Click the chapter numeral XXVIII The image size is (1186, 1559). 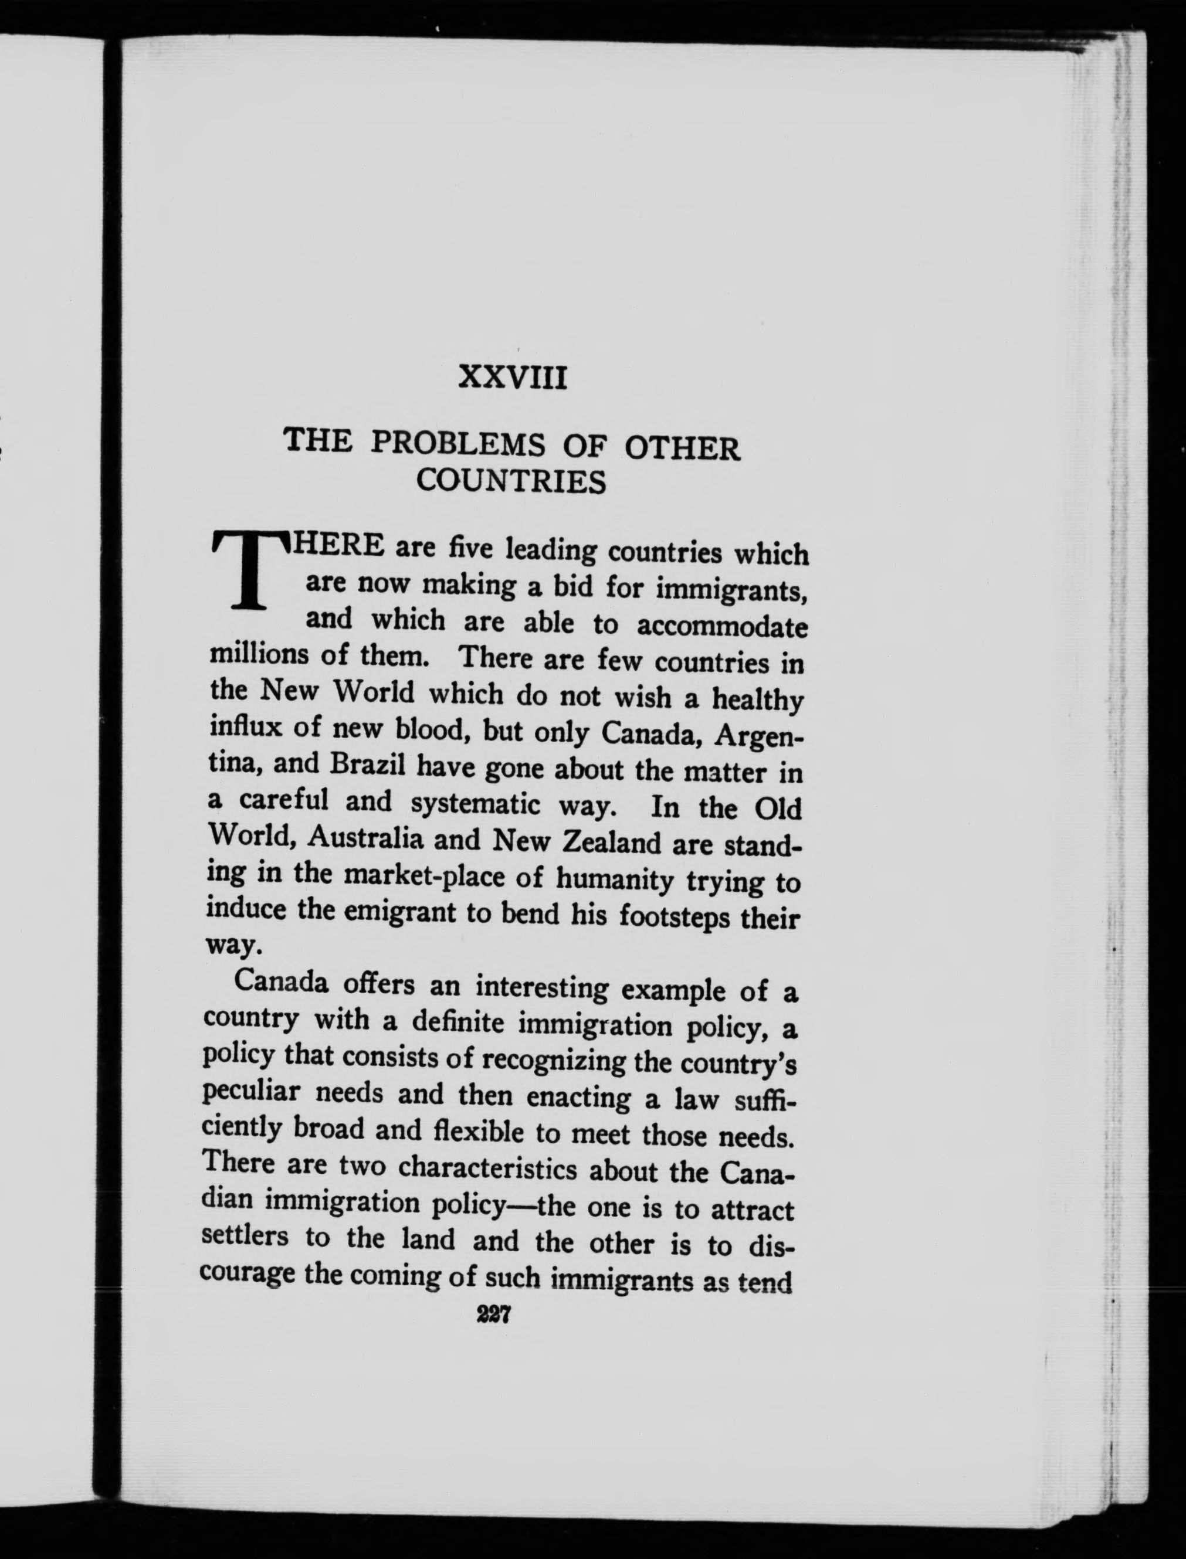point(513,379)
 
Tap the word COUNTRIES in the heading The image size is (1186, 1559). point(511,481)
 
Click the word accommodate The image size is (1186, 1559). point(722,626)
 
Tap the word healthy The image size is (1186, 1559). point(757,700)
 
